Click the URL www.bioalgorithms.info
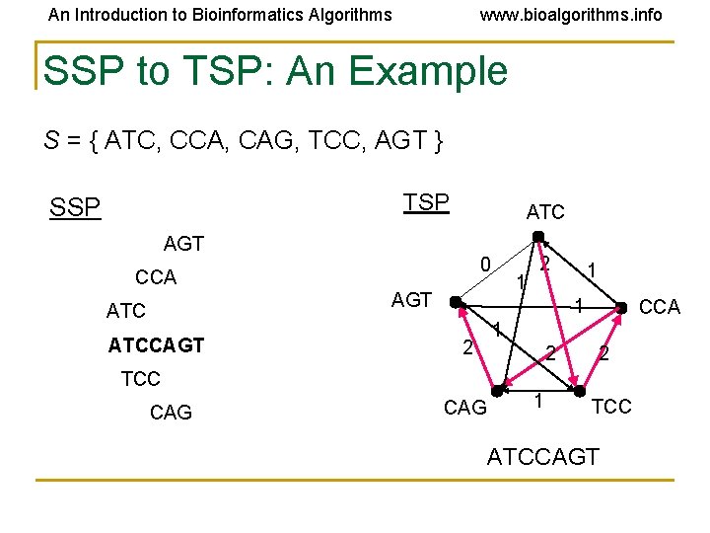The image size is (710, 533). coord(570,15)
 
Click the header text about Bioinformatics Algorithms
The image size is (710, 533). coord(220,15)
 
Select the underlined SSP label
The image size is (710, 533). coord(75,208)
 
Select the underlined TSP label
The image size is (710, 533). coord(426,202)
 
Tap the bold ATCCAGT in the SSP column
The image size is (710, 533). coord(157,344)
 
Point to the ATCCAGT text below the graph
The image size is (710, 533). coord(542,456)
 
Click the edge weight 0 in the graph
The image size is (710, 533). coord(484,265)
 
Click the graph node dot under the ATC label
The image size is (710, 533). coord(538,236)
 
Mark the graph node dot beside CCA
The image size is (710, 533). coord(621,307)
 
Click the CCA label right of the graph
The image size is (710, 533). coord(660,307)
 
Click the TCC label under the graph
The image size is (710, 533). coord(611,407)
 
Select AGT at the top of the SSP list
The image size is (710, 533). coord(183,243)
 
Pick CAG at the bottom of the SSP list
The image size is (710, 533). coord(171,413)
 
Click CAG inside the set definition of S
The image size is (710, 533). coord(280,141)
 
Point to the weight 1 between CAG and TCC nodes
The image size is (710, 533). coord(538,401)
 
